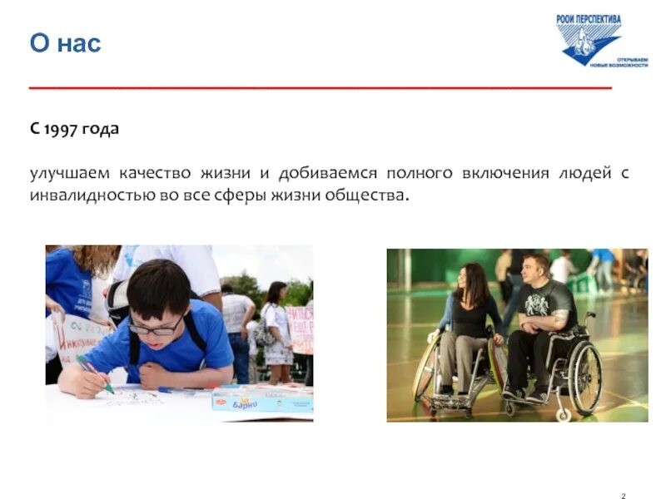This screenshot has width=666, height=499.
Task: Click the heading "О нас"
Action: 65,42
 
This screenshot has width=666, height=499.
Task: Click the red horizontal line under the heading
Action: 321,86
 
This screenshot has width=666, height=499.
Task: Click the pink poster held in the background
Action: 300,329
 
